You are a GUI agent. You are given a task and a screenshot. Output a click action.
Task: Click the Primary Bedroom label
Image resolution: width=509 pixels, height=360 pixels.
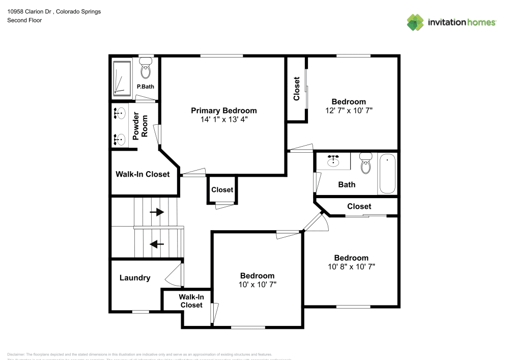click(223, 110)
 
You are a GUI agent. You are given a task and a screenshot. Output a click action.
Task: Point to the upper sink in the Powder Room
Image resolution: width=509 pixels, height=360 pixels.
click(121, 113)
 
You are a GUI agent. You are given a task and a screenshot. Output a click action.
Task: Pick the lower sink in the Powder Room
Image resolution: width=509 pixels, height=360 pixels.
click(121, 139)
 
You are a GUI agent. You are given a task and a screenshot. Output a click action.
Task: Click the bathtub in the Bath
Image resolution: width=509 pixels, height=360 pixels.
click(387, 174)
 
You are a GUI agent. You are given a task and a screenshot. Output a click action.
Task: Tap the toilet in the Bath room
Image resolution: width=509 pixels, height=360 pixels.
click(365, 163)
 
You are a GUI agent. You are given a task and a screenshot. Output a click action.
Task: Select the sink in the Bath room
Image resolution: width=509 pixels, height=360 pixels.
click(334, 161)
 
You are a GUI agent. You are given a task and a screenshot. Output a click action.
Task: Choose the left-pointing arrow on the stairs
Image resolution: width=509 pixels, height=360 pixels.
click(157, 244)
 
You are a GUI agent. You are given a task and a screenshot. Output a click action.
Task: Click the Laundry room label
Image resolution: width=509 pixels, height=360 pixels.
click(135, 278)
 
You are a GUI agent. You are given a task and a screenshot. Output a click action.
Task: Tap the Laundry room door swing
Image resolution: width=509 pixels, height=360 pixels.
click(174, 275)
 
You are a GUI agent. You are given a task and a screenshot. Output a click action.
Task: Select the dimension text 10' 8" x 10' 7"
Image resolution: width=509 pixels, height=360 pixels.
click(351, 266)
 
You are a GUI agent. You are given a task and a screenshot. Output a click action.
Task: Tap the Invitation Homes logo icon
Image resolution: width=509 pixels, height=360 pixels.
click(415, 22)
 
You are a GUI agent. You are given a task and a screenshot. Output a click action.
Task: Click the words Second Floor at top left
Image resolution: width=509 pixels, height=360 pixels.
click(24, 20)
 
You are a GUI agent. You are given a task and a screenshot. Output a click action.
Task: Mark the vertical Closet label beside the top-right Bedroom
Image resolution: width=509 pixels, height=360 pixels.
click(297, 89)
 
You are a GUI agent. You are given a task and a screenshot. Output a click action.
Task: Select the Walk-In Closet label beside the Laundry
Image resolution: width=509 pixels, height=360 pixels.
click(191, 301)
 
